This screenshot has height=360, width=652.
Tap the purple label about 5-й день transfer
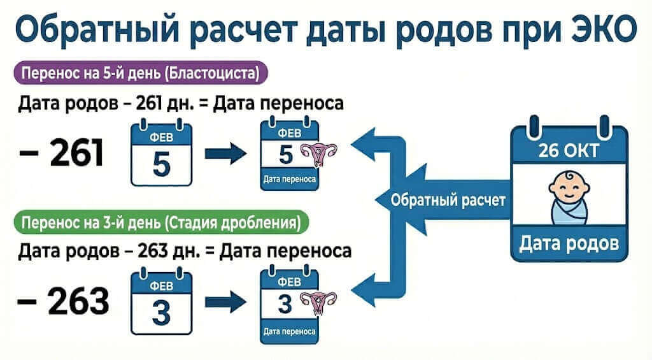pyautogui.click(x=140, y=74)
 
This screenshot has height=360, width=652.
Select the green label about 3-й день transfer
pyautogui.click(x=160, y=224)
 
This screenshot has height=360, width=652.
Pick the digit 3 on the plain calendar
pyautogui.click(x=161, y=312)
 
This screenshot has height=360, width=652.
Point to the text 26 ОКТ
pyautogui.click(x=569, y=152)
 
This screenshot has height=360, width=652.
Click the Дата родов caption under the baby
pyautogui.click(x=569, y=243)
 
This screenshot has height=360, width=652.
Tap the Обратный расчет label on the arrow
pyautogui.click(x=448, y=201)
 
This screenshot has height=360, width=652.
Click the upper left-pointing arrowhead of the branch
pyautogui.click(x=364, y=147)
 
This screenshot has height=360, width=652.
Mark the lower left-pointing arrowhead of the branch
pyautogui.click(x=364, y=284)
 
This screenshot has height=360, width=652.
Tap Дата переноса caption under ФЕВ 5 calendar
pyautogui.click(x=290, y=180)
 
